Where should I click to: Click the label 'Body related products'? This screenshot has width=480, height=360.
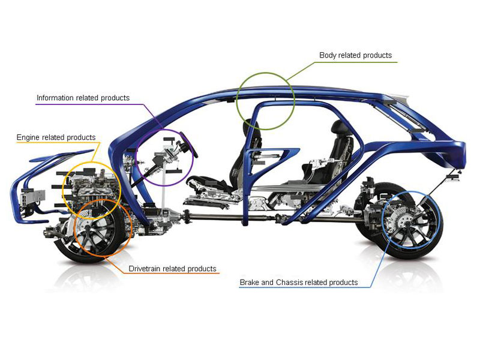click(355, 55)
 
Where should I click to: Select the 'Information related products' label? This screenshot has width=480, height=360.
click(83, 98)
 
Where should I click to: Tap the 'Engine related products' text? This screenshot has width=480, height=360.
click(56, 137)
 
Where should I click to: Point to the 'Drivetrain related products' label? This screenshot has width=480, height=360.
click(172, 269)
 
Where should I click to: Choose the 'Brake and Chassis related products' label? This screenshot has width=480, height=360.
click(298, 282)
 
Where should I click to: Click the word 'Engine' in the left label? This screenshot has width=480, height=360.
click(28, 137)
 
